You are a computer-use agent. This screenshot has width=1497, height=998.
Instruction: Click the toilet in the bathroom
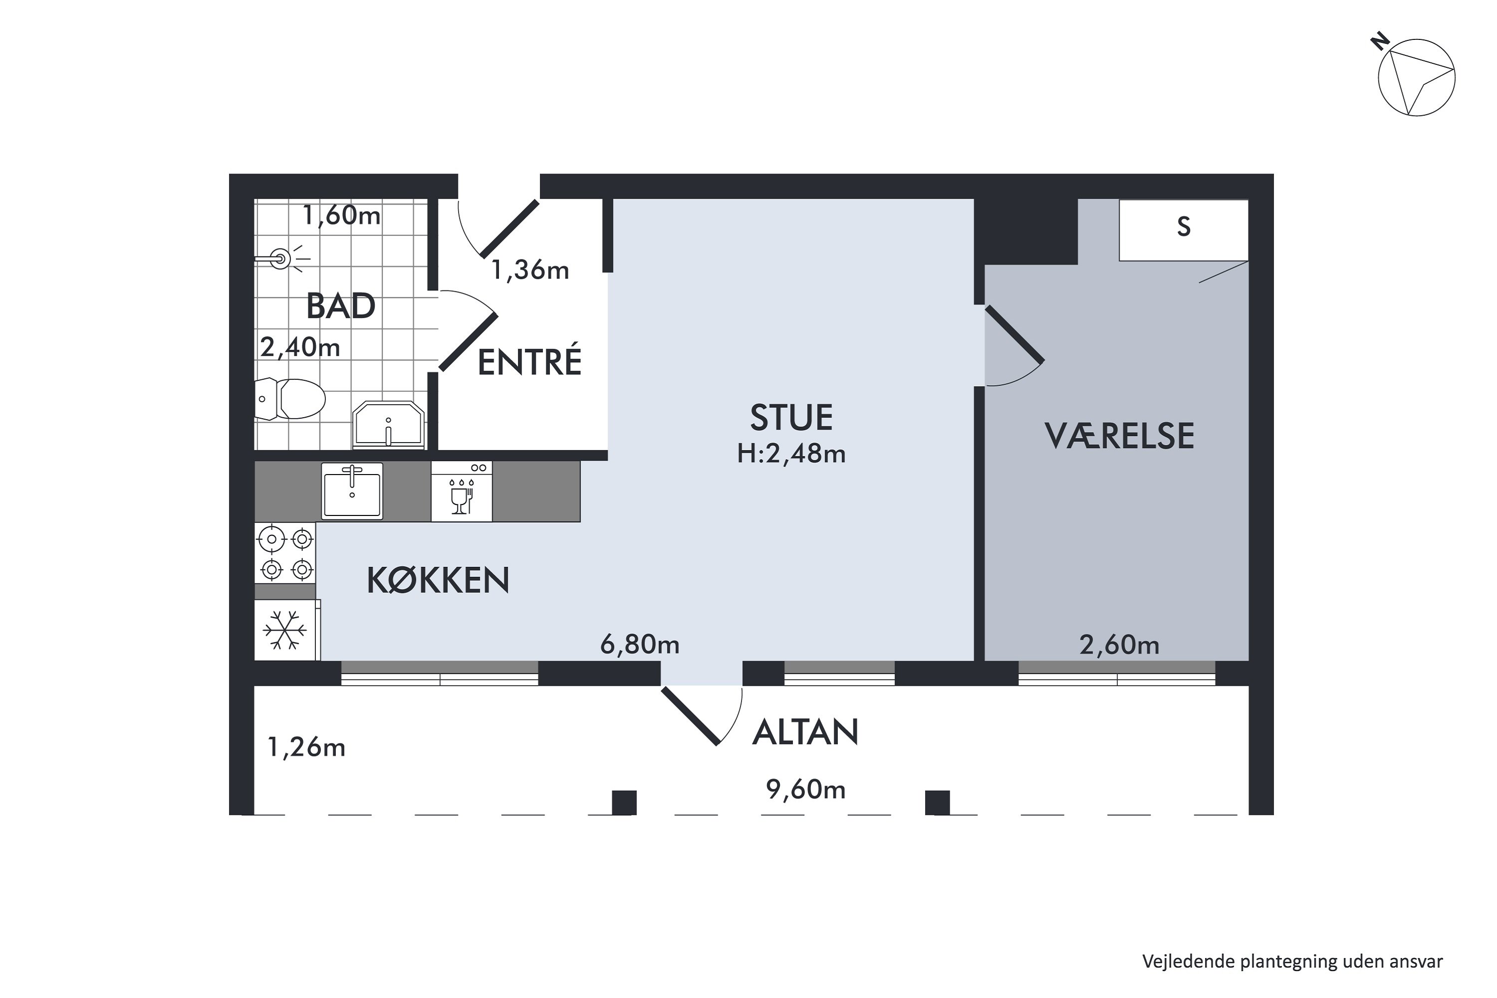pyautogui.click(x=290, y=399)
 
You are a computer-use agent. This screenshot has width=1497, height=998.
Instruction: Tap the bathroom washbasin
pyautogui.click(x=388, y=425)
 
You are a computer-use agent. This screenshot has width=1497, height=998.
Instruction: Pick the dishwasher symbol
pyautogui.click(x=462, y=492)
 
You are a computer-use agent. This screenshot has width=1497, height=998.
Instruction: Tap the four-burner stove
pyautogui.click(x=285, y=553)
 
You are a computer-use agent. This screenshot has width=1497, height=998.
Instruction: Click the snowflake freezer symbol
pyautogui.click(x=285, y=630)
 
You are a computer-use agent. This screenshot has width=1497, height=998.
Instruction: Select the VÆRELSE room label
pyautogui.click(x=1120, y=436)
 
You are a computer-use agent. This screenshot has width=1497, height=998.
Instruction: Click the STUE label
pyautogui.click(x=791, y=418)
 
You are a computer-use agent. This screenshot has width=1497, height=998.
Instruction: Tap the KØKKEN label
pyautogui.click(x=438, y=580)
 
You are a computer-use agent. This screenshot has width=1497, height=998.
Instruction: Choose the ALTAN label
pyautogui.click(x=805, y=732)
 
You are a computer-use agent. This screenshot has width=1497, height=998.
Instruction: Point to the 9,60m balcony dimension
pyautogui.click(x=806, y=789)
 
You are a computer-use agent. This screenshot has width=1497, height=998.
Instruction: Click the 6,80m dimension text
pyautogui.click(x=640, y=645)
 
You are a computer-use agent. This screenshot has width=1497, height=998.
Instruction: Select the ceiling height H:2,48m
pyautogui.click(x=791, y=453)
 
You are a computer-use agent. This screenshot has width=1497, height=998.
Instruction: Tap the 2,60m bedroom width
pyautogui.click(x=1120, y=645)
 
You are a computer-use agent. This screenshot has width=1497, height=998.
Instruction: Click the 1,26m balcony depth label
pyautogui.click(x=306, y=747)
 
